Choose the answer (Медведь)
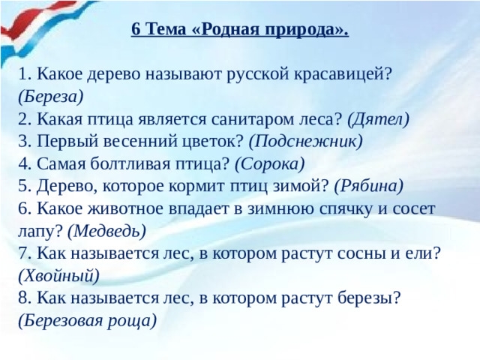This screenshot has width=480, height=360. pos(106,231)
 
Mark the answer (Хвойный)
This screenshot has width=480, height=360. pos(58,276)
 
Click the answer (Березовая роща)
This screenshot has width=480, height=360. pos(88,321)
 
